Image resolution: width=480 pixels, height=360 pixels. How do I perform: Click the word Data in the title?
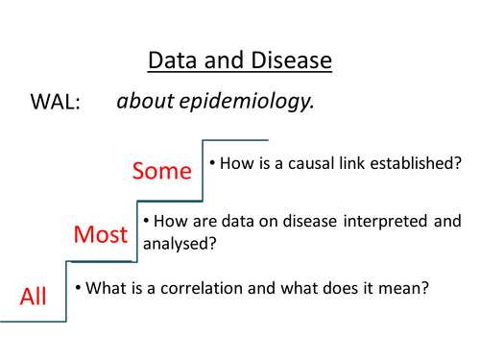170,61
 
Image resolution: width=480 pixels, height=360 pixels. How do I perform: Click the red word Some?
163,171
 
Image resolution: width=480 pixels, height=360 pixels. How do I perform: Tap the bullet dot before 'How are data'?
146,222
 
